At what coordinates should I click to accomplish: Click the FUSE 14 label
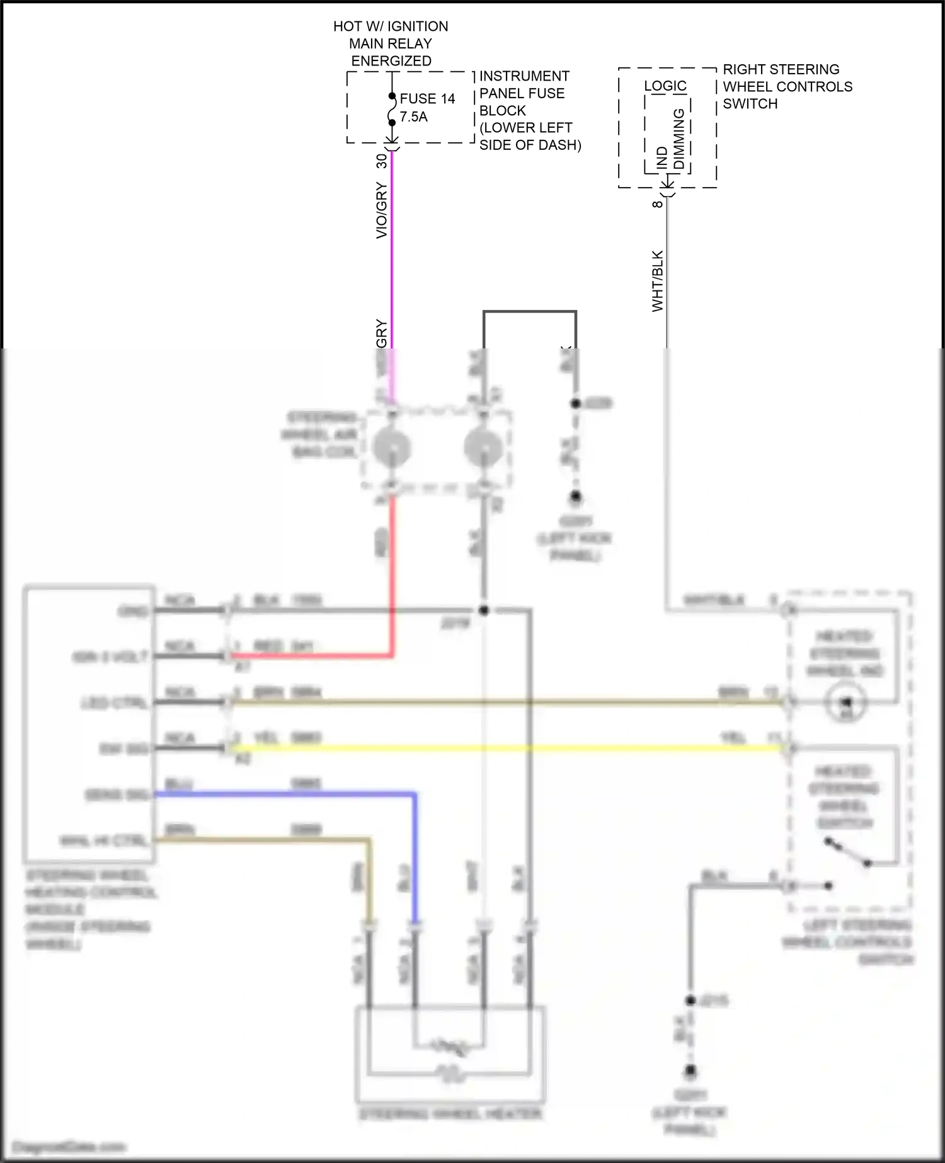tap(427, 99)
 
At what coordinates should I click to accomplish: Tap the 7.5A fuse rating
tap(413, 117)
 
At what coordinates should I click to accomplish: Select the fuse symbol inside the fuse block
tap(392, 110)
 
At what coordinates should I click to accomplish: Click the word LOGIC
tap(665, 86)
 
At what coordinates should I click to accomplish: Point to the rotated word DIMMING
tap(679, 139)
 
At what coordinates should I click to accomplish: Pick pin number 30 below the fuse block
tap(382, 161)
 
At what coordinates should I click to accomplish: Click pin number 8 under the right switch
tap(658, 203)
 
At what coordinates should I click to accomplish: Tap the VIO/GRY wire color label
tap(382, 210)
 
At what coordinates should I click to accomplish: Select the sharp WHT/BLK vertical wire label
tap(658, 281)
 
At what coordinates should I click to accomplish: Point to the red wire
tap(392, 567)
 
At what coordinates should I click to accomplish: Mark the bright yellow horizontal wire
tap(504, 748)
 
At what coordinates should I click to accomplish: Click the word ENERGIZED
tap(391, 61)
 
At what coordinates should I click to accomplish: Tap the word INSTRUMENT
tap(524, 76)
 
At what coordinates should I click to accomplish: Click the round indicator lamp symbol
tap(846, 702)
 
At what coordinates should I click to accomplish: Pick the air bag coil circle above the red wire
tap(392, 447)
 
